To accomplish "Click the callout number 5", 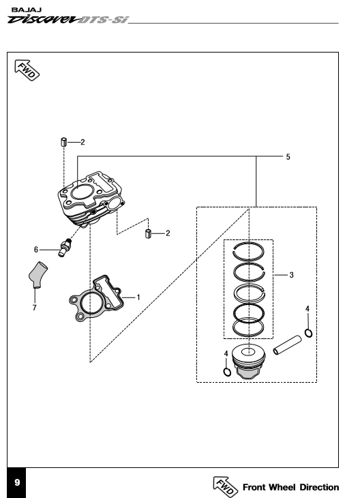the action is coord(288,157).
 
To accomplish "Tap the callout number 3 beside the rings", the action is coord(291,275).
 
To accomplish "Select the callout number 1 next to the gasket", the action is coord(138,297).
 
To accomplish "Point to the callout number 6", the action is coord(36,250).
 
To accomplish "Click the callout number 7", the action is coord(34,308).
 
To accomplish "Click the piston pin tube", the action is coord(287,345).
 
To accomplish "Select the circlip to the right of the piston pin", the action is coord(308,333).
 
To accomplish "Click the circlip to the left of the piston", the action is coord(227,372).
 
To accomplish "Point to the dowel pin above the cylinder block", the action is coord(64,142).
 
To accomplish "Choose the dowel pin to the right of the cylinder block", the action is coord(148,233).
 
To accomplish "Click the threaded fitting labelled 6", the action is coord(65,248).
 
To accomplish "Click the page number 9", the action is coord(17,482).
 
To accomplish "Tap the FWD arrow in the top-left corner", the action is coord(27,70).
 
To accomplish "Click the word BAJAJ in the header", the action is coord(27,10).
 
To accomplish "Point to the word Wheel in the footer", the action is coord(282,487).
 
